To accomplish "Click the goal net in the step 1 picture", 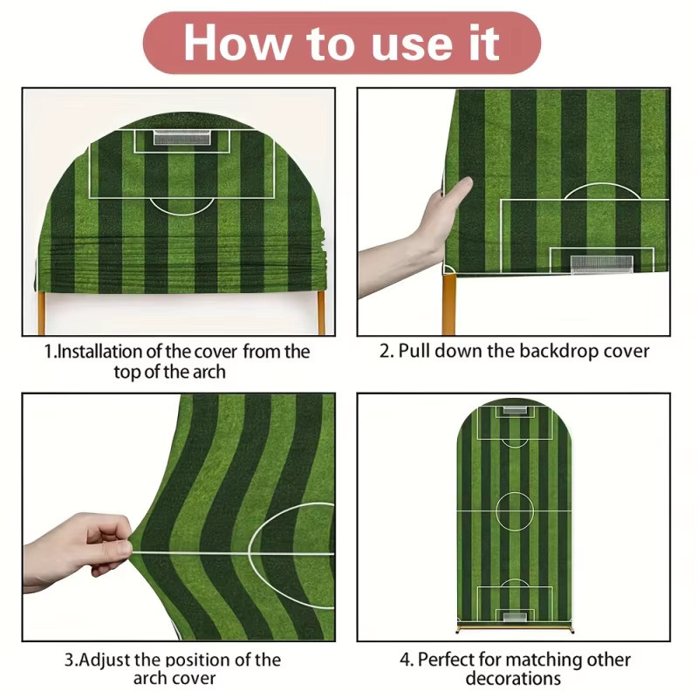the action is click(182, 138).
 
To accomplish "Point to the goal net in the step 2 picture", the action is click(601, 264).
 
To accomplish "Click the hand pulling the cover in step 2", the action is click(414, 236).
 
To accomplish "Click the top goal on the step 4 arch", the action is click(514, 410).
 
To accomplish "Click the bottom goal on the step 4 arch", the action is click(515, 617).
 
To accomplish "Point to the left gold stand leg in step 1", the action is click(41, 313).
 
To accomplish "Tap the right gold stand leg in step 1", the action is click(321, 313).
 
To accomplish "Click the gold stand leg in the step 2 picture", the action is click(448, 305).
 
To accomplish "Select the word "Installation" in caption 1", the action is click(99, 352).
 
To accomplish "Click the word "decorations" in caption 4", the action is click(513, 679).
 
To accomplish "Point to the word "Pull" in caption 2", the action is click(414, 351).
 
